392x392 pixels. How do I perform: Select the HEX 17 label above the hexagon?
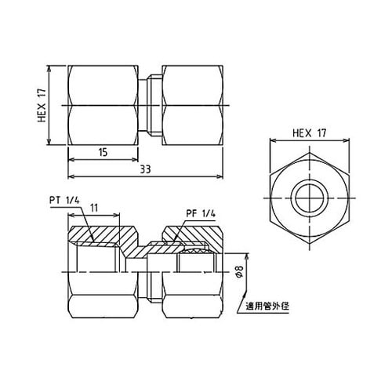point(309,134)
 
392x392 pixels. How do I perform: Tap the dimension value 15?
point(103,154)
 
